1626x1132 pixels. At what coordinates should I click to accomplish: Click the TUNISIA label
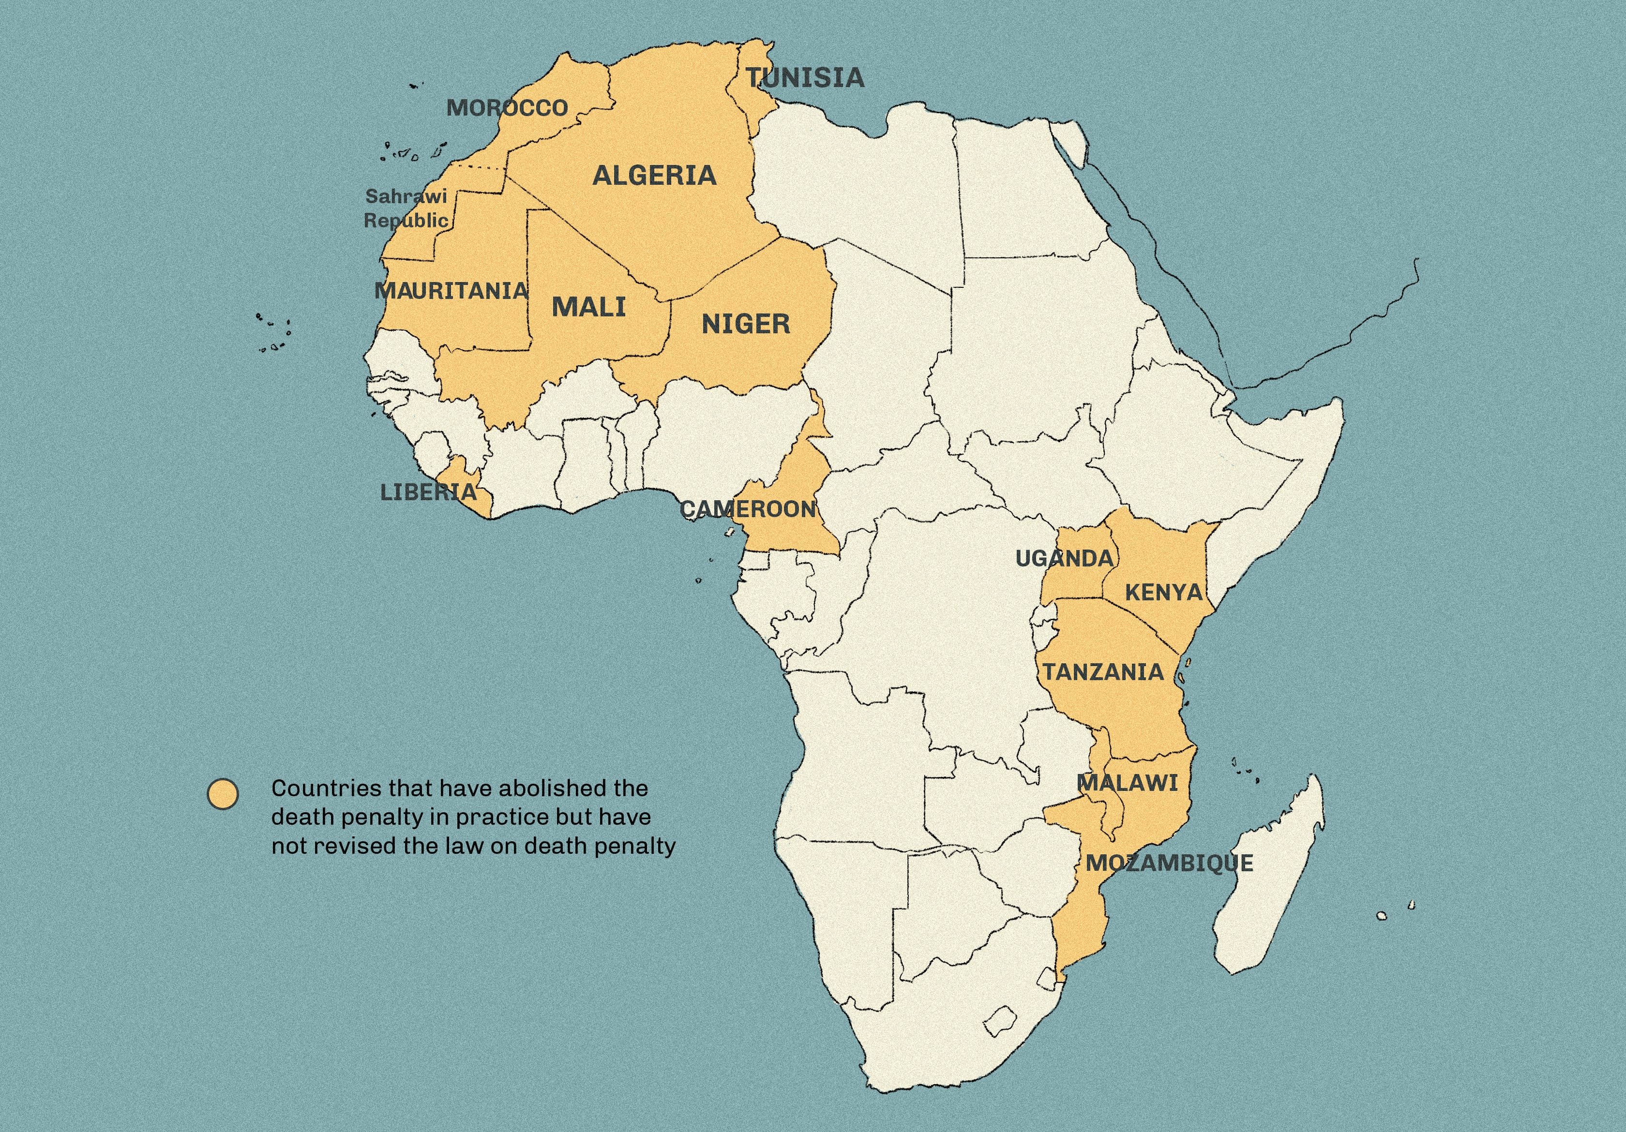[x=805, y=78]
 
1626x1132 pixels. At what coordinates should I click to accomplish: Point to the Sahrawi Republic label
[x=406, y=208]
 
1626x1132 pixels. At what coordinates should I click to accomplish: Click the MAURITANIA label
[x=451, y=290]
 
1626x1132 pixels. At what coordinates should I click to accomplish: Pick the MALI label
[x=588, y=307]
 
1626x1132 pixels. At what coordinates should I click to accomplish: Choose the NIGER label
[x=746, y=324]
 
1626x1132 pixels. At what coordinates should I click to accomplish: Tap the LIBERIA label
[x=428, y=492]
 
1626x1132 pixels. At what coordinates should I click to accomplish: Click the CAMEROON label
[x=748, y=509]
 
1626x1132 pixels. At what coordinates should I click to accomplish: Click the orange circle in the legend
[x=223, y=794]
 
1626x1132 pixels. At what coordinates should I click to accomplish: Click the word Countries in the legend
[x=316, y=789]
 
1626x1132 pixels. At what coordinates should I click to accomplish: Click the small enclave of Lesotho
[x=1000, y=1022]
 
